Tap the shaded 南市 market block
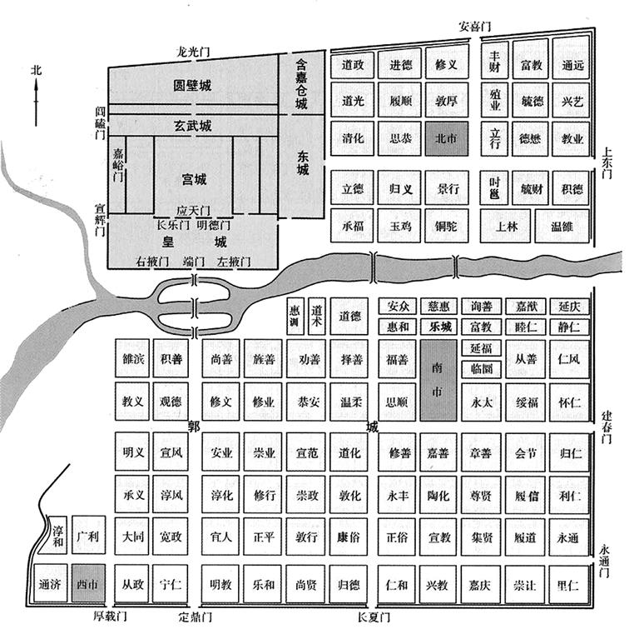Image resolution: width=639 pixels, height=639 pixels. (x=438, y=380)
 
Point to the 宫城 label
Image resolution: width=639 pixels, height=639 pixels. (x=194, y=179)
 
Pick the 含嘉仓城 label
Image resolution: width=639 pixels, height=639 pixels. (x=301, y=82)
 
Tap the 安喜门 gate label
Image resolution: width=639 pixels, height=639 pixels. (x=478, y=26)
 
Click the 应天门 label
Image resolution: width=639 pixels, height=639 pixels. (x=193, y=211)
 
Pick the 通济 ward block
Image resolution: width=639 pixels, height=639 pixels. (x=49, y=584)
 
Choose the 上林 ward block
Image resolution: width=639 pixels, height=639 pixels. (x=507, y=226)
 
